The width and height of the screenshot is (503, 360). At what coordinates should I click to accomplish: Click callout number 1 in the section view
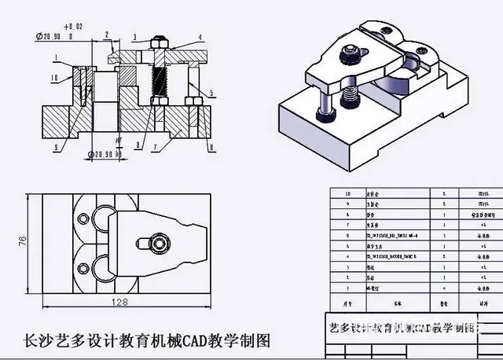(x=57, y=56)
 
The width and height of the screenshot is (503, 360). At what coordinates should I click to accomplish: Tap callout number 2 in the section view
(x=105, y=35)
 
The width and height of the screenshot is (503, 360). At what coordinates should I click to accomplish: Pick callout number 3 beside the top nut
(x=134, y=37)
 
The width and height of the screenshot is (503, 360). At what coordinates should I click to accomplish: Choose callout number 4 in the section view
(x=200, y=37)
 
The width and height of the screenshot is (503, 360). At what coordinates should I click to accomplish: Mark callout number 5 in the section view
(x=211, y=92)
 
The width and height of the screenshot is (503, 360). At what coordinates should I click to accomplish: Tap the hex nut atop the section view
(x=160, y=39)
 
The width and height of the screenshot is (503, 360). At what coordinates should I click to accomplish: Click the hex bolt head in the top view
(x=160, y=244)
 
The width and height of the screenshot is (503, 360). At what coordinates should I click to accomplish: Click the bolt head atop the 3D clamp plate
(x=349, y=55)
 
